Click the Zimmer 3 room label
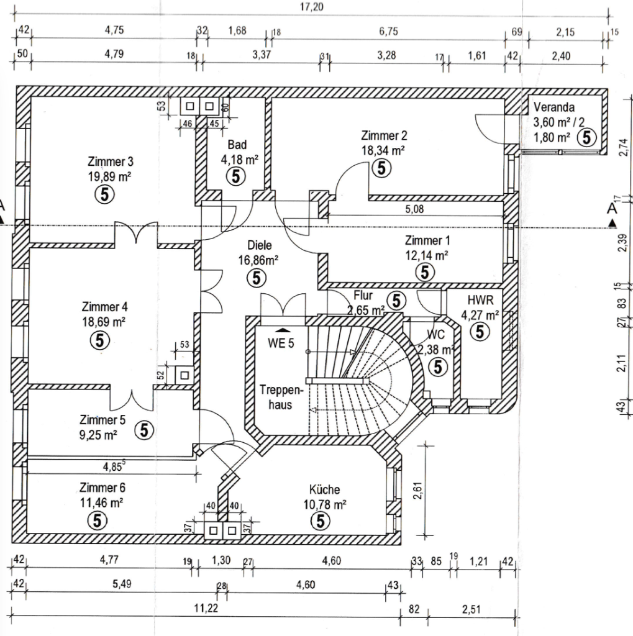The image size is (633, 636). pos(111,162)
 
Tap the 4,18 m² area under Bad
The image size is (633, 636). pos(239,160)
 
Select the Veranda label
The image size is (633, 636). pos(554,107)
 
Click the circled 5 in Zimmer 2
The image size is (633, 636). pos(381,168)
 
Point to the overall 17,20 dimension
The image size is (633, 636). pos(312,7)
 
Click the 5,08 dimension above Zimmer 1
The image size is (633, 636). pos(414,209)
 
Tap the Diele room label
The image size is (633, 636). pos(259,245)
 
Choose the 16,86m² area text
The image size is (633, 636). pos(258,260)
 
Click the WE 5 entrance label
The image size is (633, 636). pos(281,343)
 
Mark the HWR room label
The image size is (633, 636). pos(480,300)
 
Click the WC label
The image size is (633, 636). pos(436,335)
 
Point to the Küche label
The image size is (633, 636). pos(324,489)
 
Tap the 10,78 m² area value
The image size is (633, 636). pos(325,504)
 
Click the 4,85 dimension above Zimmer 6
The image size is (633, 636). pos(113,466)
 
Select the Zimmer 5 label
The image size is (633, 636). pos(102,419)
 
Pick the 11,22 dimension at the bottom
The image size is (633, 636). pos(206,609)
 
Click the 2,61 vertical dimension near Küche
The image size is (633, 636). pos(418,491)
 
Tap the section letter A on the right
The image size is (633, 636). pos(611,209)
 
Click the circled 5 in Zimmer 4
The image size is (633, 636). pos(99,340)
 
